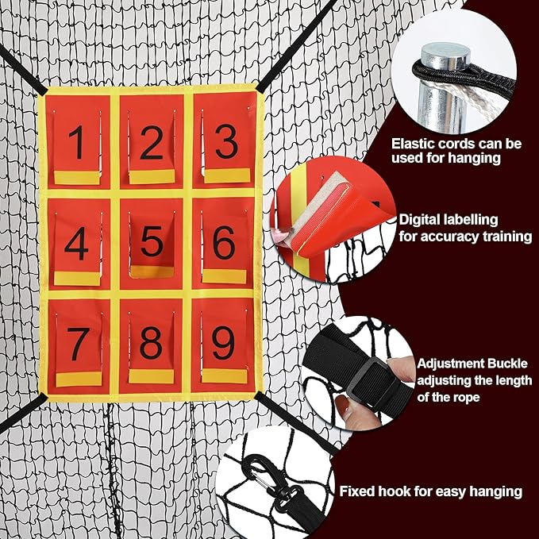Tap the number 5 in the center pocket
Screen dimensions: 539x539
[x=152, y=241]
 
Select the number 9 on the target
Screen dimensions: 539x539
[x=223, y=343]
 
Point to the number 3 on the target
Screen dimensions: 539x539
[x=227, y=141]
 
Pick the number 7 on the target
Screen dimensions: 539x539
[x=79, y=344]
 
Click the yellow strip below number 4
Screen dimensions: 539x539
[x=77, y=279]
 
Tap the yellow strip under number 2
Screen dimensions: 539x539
[x=152, y=177]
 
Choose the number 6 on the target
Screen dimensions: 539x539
[x=224, y=242]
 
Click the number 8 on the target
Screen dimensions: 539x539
[x=151, y=343]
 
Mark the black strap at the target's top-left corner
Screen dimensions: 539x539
[x=23, y=71]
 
